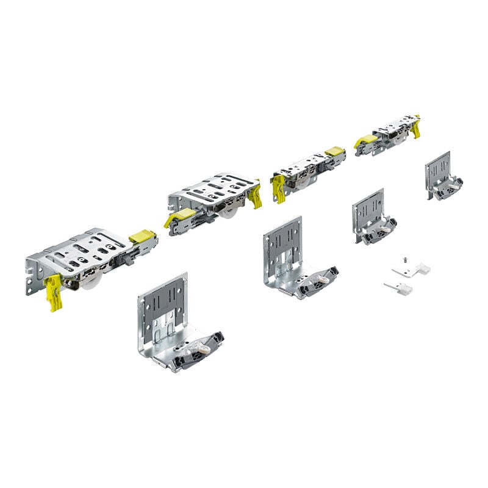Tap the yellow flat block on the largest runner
(142, 236)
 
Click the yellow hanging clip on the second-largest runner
(255, 196)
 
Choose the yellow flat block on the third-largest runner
(334, 151)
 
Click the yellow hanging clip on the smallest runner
(417, 128)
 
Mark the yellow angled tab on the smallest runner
(366, 141)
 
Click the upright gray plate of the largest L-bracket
(162, 305)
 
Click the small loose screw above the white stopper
(403, 260)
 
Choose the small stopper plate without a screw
(400, 287)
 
